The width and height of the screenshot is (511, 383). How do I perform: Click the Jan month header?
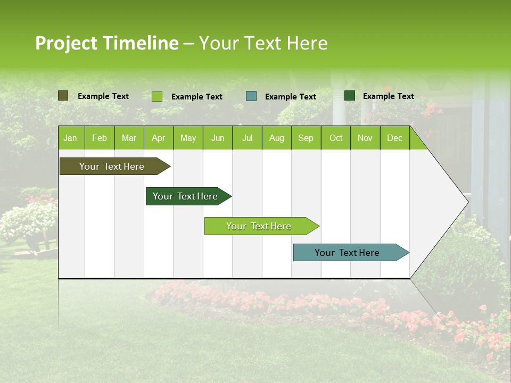pos(70,138)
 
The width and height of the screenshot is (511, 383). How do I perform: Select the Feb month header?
pos(100,138)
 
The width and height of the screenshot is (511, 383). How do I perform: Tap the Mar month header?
pos(129,138)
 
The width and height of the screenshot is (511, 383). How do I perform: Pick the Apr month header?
pos(159,138)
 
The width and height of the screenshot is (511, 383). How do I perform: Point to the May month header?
pos(188,138)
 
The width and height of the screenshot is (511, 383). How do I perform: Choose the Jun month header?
pos(218,138)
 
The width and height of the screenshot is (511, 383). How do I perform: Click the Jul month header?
pos(247,138)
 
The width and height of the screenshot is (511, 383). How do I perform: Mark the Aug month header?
pos(277,138)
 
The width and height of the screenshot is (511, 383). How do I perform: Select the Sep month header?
pos(306,138)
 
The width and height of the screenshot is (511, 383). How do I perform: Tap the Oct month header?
pos(336,138)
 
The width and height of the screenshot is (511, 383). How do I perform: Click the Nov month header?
pos(365,138)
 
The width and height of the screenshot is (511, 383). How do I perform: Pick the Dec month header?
pos(394,138)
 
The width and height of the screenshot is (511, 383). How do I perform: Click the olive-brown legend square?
pos(63,96)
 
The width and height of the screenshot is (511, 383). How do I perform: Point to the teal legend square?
pos(251,96)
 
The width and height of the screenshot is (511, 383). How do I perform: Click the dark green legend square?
pos(350,96)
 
